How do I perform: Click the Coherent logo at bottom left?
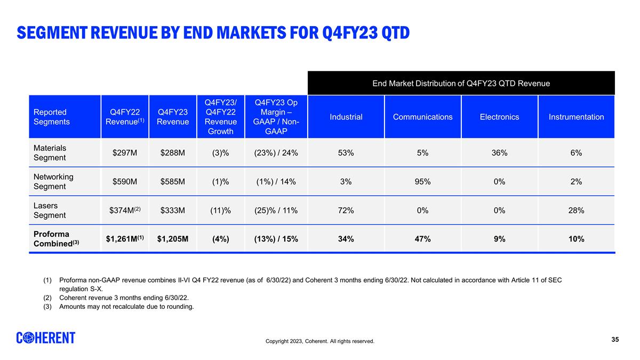pos(46,338)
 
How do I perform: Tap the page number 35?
pos(615,340)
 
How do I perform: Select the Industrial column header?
pos(346,117)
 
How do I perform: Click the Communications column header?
pos(422,117)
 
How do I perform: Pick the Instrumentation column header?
pos(576,117)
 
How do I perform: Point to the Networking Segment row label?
pos(53,181)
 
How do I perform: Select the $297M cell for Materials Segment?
pos(125,153)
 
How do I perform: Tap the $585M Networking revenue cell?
pos(173,182)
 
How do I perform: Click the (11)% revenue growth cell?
pos(220,211)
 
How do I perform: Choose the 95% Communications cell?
pos(422,182)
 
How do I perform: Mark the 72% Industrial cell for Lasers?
pos(346,211)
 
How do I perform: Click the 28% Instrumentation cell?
pos(576,211)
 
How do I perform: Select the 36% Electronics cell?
pos(499,153)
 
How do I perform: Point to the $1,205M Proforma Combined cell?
pos(173,239)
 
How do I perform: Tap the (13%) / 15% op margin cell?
pos(276,239)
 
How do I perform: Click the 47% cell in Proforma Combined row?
pos(422,239)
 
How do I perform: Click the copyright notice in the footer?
pos(320,341)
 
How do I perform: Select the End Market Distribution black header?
pos(461,83)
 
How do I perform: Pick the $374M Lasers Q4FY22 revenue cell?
pos(125,211)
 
